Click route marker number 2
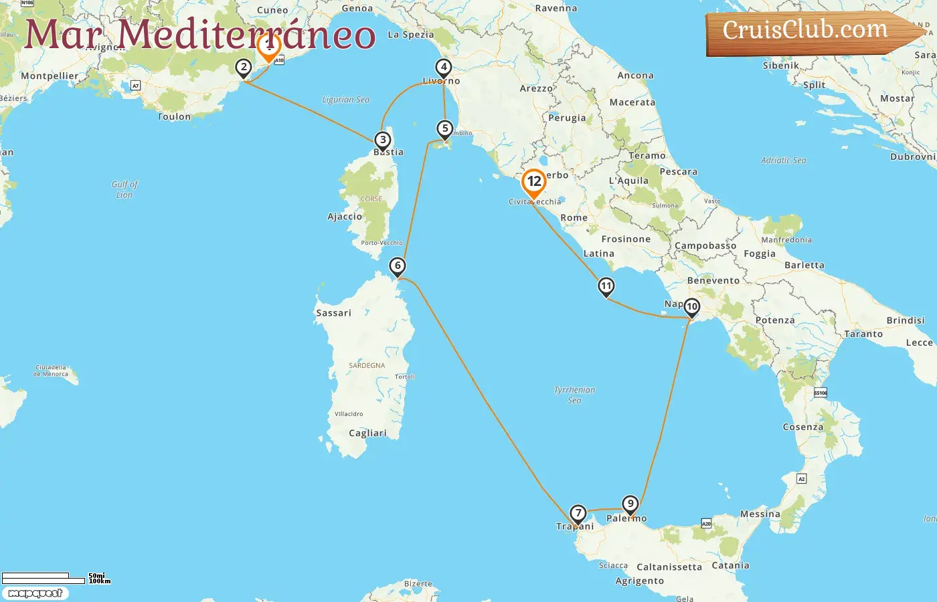244,67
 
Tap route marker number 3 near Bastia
382,140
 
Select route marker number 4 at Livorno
443,67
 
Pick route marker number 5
445,128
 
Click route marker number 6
398,266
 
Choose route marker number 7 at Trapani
578,514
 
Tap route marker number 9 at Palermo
630,504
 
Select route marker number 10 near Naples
691,307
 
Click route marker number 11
606,286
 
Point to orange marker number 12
534,182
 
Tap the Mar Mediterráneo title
199,35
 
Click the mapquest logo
35,593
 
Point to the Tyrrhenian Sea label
574,395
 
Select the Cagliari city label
367,433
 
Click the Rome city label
574,217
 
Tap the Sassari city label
333,313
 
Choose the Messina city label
760,514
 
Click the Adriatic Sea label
783,161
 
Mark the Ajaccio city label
344,217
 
